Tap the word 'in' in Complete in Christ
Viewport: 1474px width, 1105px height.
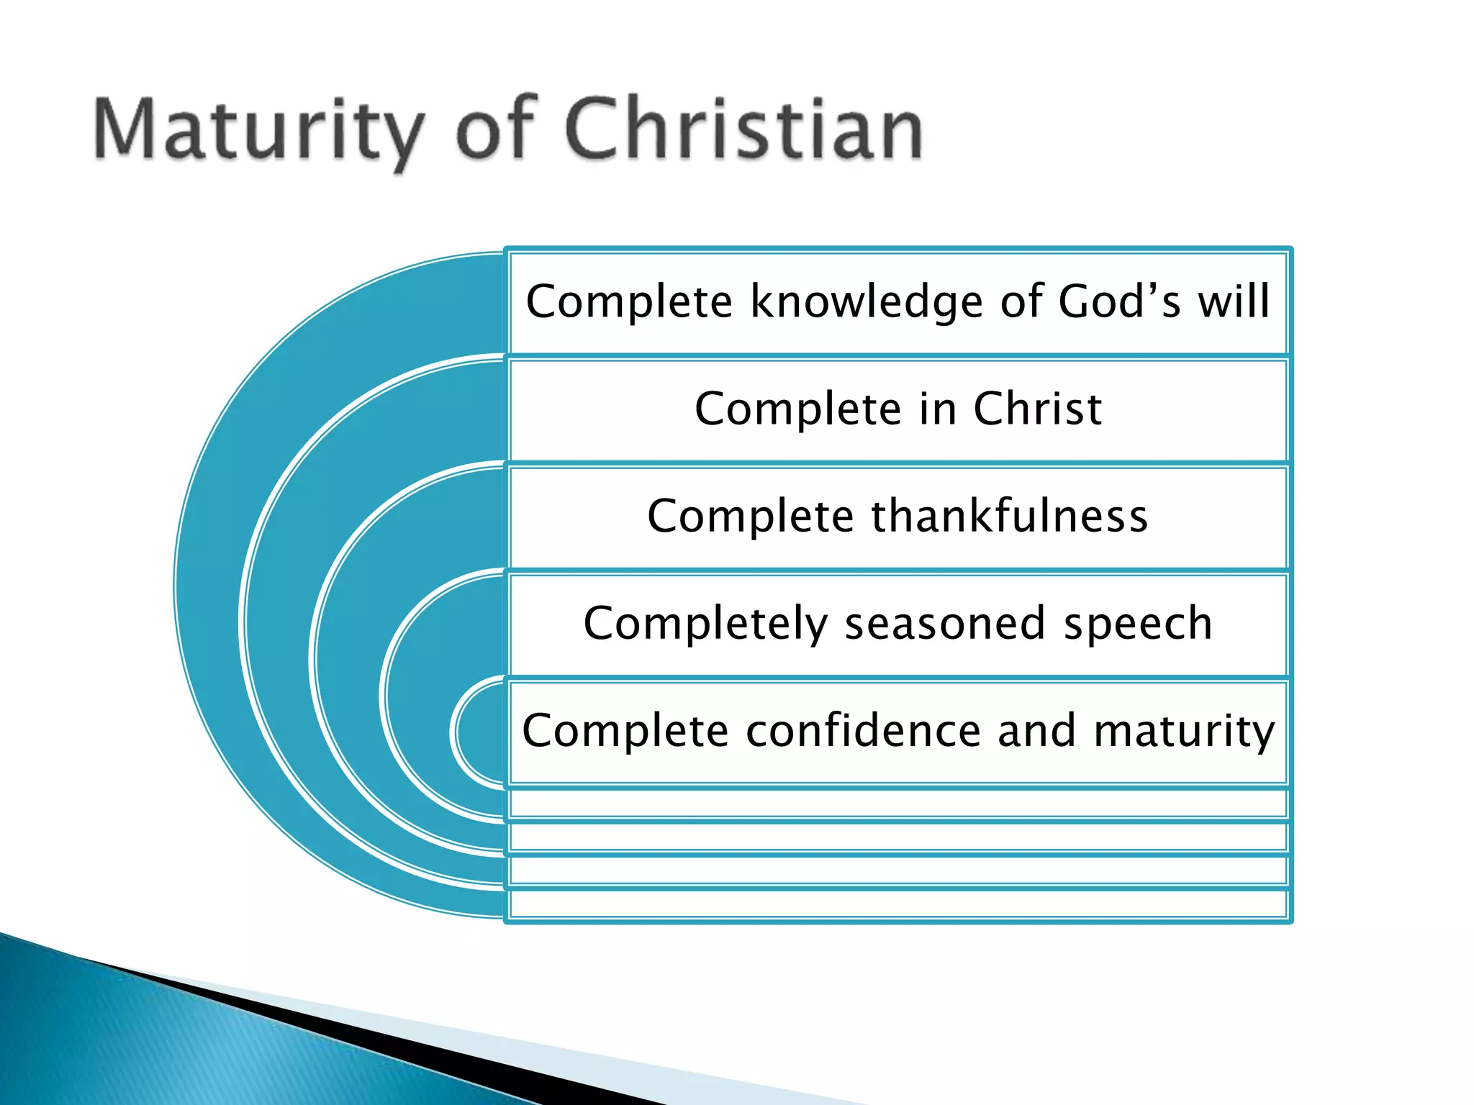coord(938,409)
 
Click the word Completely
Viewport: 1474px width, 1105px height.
coord(705,624)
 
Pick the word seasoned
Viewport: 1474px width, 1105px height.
coord(944,623)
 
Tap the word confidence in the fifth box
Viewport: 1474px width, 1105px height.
coord(863,731)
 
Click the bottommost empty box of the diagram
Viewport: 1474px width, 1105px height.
coord(897,904)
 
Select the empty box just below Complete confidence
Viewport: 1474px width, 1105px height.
coord(897,803)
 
